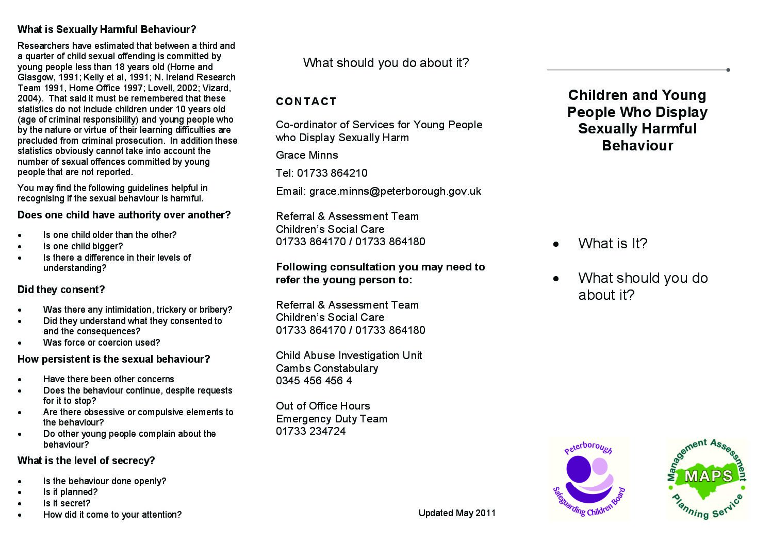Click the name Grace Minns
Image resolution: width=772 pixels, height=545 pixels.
coord(307,155)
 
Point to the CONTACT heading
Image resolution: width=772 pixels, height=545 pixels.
coord(306,101)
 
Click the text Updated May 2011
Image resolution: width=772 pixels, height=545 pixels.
coord(457,513)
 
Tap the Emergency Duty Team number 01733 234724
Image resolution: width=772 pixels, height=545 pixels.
coord(310,431)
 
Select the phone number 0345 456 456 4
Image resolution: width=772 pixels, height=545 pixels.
coord(314,381)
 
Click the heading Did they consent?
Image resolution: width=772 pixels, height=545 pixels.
coord(61,289)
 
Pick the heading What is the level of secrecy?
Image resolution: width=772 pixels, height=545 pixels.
coord(86,461)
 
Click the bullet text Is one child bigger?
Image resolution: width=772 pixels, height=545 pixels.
coord(83,246)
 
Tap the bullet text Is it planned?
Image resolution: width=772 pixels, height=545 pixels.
coord(70,492)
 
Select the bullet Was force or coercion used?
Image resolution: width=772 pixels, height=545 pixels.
coord(102,343)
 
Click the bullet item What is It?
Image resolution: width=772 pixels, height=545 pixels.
coord(613,244)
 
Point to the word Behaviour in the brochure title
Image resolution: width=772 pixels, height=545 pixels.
coord(637,146)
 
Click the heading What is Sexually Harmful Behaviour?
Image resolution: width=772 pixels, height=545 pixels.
coord(107,29)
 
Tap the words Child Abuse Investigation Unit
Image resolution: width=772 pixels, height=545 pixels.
coord(349,355)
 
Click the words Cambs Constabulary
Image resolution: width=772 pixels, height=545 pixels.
coord(327,368)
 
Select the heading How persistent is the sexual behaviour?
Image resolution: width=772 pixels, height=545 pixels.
coord(113,359)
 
